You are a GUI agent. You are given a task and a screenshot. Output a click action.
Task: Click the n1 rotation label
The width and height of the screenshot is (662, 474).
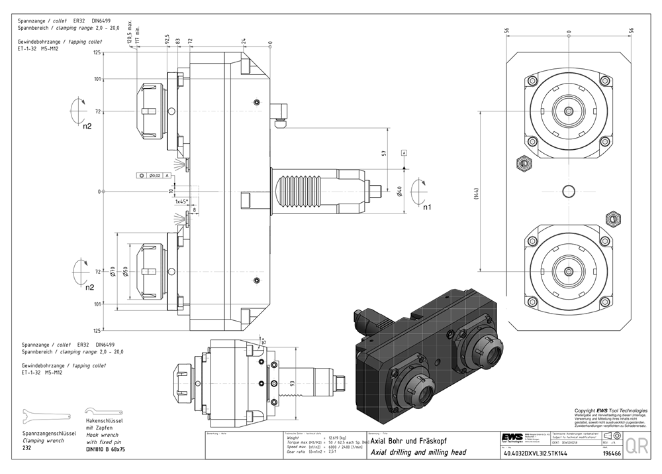428,207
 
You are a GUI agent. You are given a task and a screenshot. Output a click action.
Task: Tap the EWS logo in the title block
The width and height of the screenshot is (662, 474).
512,439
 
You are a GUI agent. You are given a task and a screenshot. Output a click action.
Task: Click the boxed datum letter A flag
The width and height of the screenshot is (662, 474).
403,153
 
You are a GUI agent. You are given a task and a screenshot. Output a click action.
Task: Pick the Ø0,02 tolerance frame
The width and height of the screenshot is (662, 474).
154,175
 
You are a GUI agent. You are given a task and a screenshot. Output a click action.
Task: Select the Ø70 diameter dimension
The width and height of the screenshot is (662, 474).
113,271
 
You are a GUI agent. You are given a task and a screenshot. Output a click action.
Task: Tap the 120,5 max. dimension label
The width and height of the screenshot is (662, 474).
129,32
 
